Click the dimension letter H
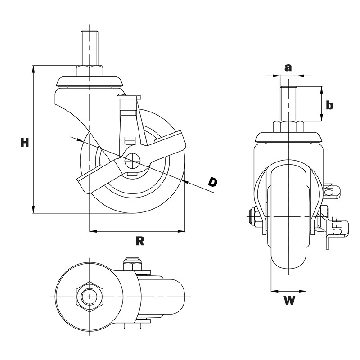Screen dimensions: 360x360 [25, 142]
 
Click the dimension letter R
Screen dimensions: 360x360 [140, 241]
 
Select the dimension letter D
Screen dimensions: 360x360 [212, 182]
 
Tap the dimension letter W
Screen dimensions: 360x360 [289, 300]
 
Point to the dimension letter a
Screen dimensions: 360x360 [288, 68]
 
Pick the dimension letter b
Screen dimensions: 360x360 [329, 105]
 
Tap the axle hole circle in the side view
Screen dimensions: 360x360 [132, 161]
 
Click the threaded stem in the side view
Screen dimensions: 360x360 [89, 48]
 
